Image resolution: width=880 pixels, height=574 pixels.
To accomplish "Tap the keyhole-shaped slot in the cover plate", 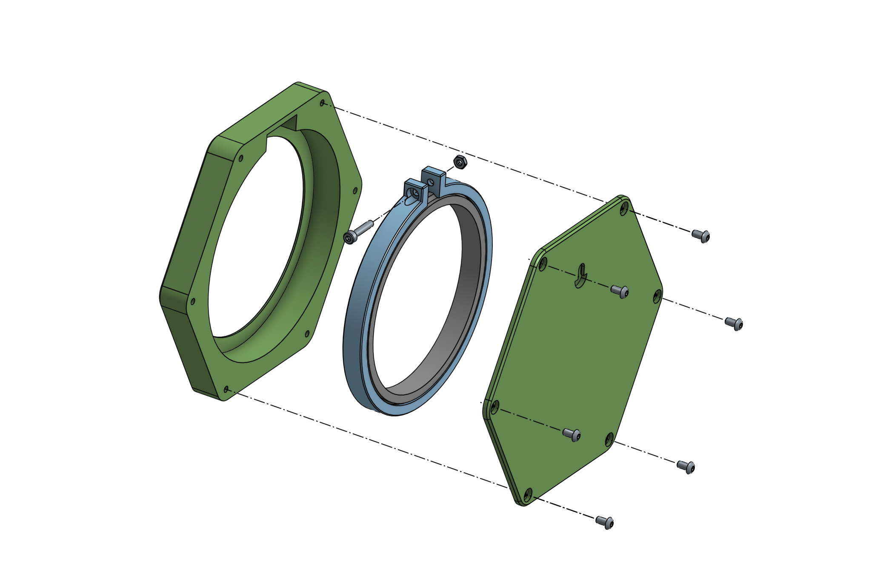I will (581, 276).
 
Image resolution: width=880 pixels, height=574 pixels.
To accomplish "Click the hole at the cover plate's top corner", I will (624, 208).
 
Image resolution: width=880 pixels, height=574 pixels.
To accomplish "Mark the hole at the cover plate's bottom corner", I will (528, 494).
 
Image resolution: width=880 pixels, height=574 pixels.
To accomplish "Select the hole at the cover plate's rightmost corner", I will (657, 296).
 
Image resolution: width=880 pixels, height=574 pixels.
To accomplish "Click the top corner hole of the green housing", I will (323, 103).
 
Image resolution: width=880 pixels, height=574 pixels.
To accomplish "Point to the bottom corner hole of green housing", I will (226, 389).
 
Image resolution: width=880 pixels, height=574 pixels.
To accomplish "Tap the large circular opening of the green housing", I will (255, 238).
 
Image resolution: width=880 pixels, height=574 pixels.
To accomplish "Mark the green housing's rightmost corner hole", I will (355, 191).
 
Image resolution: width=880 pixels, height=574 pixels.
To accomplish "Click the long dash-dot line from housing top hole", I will (468, 153).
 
